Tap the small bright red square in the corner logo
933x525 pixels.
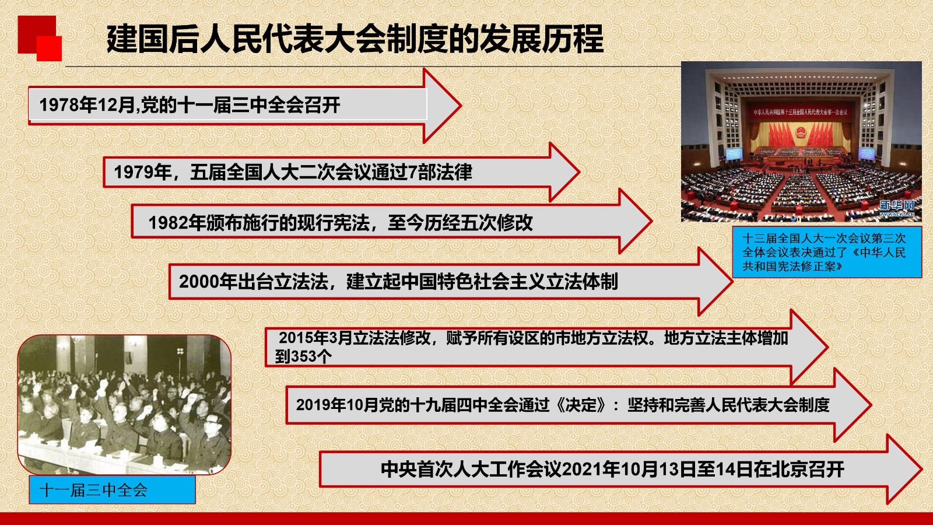click(49, 48)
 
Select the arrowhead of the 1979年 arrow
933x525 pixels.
click(564, 171)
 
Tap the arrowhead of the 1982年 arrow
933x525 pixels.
click(636, 221)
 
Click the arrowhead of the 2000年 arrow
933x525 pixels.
click(715, 282)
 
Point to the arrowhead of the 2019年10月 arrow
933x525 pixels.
click(853, 405)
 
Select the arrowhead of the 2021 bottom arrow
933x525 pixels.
click(904, 469)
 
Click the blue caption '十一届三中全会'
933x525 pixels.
click(93, 490)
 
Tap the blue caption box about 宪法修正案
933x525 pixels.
click(827, 252)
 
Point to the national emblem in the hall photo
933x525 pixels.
click(801, 134)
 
